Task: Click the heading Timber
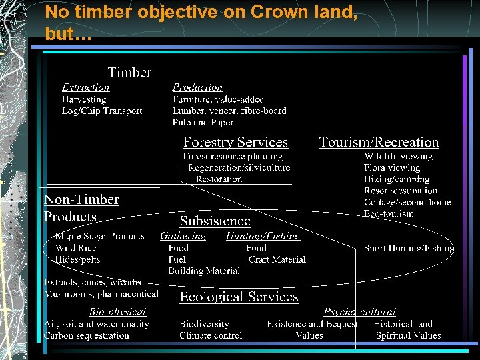tap(130, 73)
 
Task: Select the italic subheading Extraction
tap(85, 87)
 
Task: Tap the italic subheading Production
tap(197, 87)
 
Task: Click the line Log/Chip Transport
tap(102, 111)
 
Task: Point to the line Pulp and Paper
tap(203, 123)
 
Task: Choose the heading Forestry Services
tap(235, 142)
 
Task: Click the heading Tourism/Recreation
tap(379, 142)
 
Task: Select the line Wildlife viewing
tap(398, 156)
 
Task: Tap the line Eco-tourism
tap(389, 214)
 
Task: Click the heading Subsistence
tap(215, 221)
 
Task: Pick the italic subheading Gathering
tap(183, 236)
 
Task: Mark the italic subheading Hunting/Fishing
tap(263, 236)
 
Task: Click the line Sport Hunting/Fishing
tap(409, 248)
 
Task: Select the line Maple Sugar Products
tap(99, 236)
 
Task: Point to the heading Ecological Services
tap(239, 297)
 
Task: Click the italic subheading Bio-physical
tap(117, 312)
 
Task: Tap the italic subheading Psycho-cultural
tap(359, 312)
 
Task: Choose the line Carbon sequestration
tap(87, 335)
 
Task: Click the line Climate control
tap(211, 335)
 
